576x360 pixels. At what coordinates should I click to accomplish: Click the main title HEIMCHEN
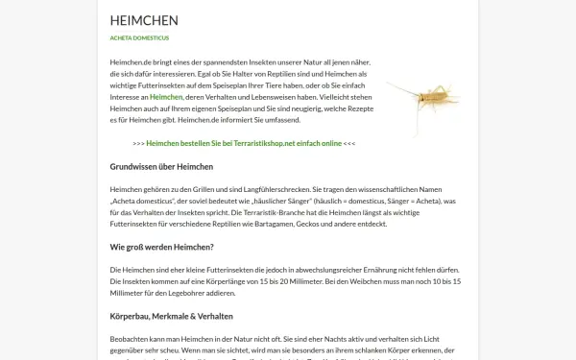click(x=144, y=20)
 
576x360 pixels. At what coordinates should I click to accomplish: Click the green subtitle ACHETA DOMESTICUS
click(x=139, y=38)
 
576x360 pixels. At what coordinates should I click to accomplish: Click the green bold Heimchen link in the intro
click(x=166, y=97)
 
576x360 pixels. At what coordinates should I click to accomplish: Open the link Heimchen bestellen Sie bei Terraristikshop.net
click(x=243, y=143)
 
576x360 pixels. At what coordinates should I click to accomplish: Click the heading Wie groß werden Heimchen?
click(x=161, y=248)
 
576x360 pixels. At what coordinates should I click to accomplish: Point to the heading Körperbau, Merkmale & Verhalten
click(x=172, y=316)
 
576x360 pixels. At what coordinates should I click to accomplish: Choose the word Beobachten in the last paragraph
click(x=132, y=339)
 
